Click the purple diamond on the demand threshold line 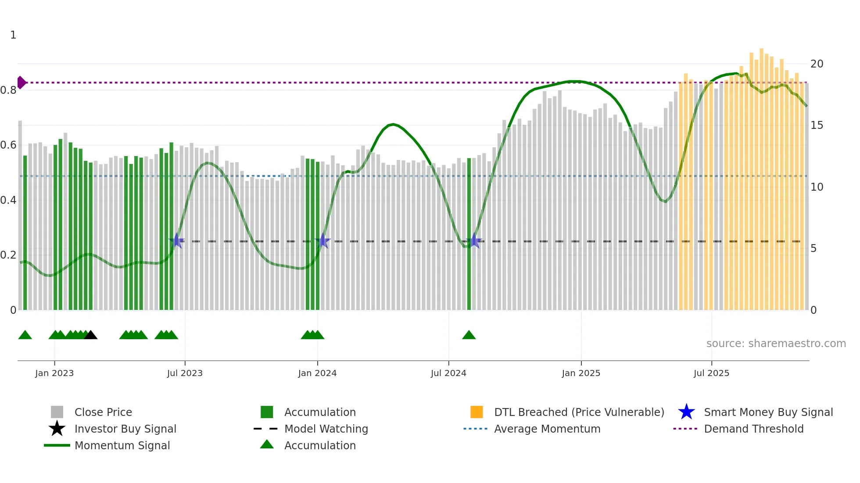pos(21,82)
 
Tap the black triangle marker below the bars pos(90,335)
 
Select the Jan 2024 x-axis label pos(317,373)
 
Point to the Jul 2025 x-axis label pos(711,373)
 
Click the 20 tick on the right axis pos(817,64)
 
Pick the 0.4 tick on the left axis pos(9,200)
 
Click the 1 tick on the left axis pos(13,35)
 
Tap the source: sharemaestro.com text pos(776,344)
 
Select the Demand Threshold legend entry pos(753,429)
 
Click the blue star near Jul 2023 pos(177,241)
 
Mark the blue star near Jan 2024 pos(322,241)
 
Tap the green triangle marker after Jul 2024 pos(469,335)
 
